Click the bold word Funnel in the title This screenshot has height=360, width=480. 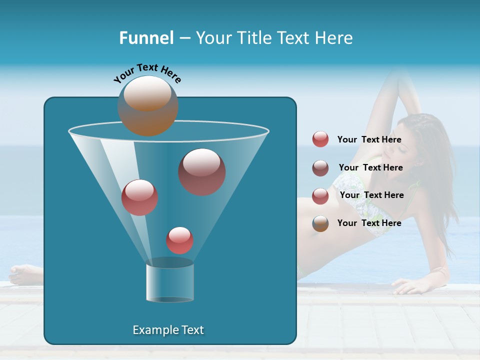(x=146, y=38)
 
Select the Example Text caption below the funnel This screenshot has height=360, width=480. (x=168, y=330)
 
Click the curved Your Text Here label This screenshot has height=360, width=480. (x=147, y=73)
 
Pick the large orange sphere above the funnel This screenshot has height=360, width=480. (x=148, y=106)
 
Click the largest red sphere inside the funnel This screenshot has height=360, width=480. (x=202, y=172)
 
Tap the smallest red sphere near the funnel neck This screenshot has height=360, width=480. (x=179, y=240)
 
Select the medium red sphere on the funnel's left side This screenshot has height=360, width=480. (x=139, y=197)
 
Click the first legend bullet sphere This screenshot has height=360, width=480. (x=320, y=139)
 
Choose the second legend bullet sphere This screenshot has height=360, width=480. (x=320, y=168)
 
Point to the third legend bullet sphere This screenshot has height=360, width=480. (x=320, y=196)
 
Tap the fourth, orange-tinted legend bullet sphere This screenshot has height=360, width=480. (x=320, y=223)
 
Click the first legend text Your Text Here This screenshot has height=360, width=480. (x=369, y=140)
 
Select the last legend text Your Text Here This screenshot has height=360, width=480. (x=369, y=223)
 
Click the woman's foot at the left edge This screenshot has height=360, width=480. (x=22, y=274)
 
